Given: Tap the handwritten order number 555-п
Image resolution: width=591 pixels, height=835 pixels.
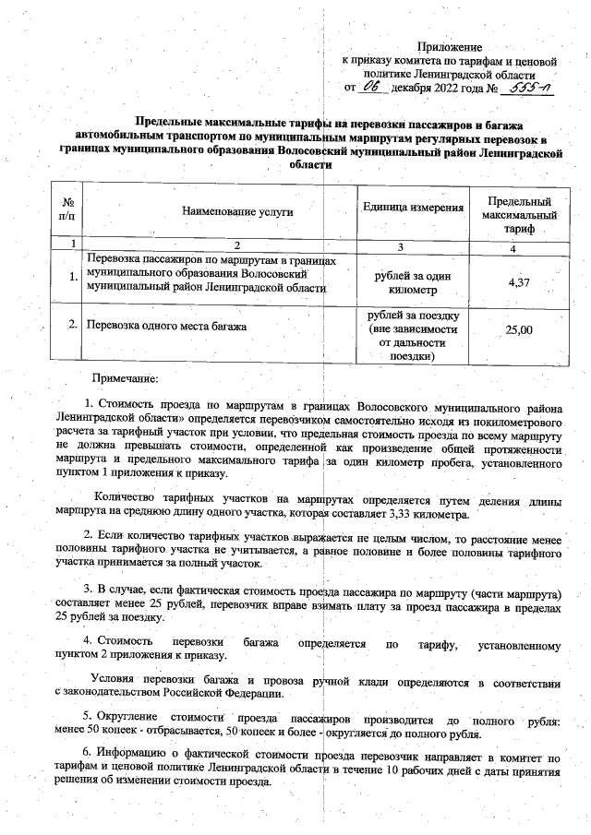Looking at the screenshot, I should click(x=531, y=88).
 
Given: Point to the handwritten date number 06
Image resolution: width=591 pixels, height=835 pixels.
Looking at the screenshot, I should click(x=372, y=87).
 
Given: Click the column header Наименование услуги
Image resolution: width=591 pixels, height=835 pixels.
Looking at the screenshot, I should click(x=237, y=211).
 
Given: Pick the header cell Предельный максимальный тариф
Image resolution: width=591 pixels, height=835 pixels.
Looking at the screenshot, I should click(x=520, y=214).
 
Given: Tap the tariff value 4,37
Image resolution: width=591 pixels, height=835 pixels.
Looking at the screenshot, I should click(x=519, y=281).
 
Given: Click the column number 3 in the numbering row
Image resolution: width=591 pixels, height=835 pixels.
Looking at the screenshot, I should click(x=401, y=245).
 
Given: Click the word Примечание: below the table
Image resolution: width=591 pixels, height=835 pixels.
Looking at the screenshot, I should click(x=125, y=378).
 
